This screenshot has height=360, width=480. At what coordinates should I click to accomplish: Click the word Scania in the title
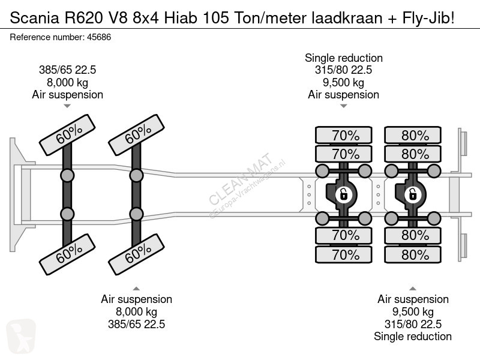click(35, 18)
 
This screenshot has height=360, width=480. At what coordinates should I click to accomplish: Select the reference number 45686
click(99, 37)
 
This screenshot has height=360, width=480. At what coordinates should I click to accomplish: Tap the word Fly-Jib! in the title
click(428, 18)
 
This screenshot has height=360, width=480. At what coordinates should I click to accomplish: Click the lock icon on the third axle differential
click(343, 194)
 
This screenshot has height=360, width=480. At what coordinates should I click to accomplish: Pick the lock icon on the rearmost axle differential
click(413, 194)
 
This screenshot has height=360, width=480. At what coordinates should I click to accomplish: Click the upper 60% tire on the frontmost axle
click(67, 135)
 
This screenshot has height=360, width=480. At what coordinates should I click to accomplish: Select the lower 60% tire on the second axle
click(137, 254)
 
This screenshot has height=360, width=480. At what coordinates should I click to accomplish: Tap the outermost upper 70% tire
click(344, 135)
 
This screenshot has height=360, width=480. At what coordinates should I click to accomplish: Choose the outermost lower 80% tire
click(413, 254)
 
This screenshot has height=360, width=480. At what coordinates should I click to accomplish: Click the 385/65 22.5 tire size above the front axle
click(67, 70)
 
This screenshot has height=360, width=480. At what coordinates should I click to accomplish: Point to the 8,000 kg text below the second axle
click(137, 312)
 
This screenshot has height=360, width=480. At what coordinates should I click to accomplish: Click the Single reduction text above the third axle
click(344, 58)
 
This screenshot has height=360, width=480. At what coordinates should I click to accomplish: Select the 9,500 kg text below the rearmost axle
click(413, 312)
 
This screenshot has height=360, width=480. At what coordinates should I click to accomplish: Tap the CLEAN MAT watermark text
click(241, 179)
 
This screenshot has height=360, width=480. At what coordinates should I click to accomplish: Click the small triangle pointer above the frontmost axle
click(67, 106)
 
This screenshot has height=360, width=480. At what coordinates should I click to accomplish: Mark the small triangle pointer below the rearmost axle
click(413, 289)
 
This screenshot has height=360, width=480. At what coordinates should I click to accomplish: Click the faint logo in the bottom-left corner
click(21, 335)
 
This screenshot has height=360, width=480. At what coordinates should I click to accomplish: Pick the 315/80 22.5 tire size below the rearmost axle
click(413, 324)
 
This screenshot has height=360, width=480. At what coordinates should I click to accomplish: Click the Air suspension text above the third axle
click(344, 95)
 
